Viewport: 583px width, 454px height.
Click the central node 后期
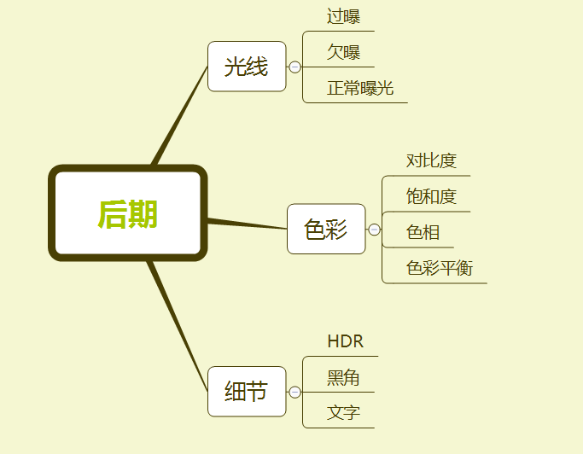[x=128, y=213]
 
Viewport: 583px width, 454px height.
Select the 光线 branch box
[x=246, y=67]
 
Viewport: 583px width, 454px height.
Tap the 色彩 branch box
[x=326, y=229]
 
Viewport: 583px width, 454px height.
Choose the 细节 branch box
[x=246, y=392]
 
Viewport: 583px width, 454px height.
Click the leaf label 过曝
[x=343, y=16]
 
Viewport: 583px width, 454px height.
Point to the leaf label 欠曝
[x=343, y=52]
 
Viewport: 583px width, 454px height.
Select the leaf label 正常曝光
[x=360, y=88]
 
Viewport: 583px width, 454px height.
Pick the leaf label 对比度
[x=431, y=160]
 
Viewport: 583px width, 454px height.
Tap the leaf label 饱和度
[x=431, y=196]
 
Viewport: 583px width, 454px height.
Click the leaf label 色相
[x=423, y=232]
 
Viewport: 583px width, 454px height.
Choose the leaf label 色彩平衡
[x=440, y=269]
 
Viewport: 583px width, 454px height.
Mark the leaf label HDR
[x=345, y=342]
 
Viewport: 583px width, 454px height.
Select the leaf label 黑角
[x=343, y=378]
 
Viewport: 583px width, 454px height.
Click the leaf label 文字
[x=343, y=414]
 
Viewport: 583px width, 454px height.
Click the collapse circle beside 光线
[x=294, y=67]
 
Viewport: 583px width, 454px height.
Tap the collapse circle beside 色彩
[x=374, y=230]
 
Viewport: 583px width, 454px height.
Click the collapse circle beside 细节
[x=294, y=393]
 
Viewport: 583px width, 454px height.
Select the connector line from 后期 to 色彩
[x=248, y=224]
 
